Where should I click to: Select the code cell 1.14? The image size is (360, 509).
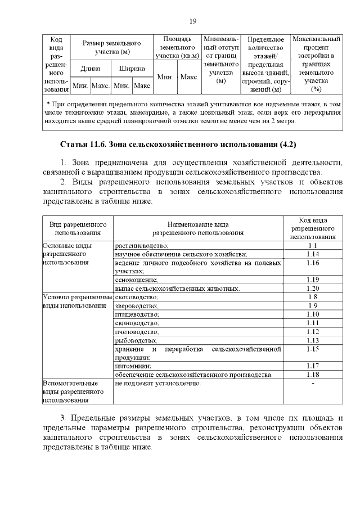click(x=313, y=254)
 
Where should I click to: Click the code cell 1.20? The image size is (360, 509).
click(x=313, y=288)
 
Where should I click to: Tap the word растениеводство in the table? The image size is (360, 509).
click(x=142, y=246)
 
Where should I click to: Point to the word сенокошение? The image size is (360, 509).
click(x=136, y=280)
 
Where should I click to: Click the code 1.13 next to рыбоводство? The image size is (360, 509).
click(x=313, y=340)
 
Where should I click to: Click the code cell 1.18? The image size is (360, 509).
click(x=313, y=374)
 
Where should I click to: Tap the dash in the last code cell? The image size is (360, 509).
click(x=313, y=383)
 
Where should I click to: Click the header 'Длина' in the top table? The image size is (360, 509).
click(x=90, y=69)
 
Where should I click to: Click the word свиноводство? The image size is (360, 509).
click(x=137, y=323)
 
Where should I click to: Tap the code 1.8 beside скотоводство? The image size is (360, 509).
click(x=313, y=296)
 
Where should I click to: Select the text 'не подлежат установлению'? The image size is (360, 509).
click(x=157, y=383)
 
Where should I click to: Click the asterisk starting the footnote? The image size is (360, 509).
click(x=48, y=104)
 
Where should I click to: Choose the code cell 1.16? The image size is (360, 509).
click(x=313, y=263)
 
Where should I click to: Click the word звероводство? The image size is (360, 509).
click(x=137, y=305)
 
